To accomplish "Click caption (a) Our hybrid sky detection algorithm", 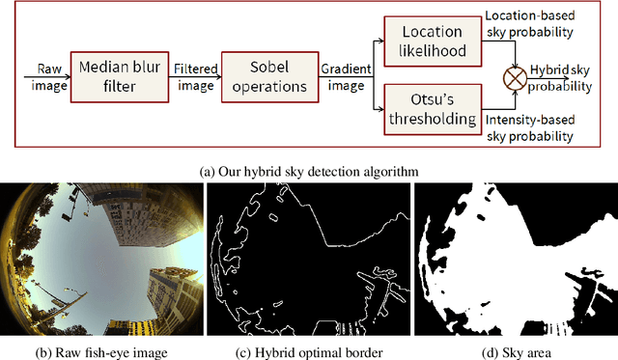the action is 309,171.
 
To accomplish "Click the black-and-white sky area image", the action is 515,259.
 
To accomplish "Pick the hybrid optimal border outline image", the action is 308,259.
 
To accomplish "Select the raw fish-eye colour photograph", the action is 100,259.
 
